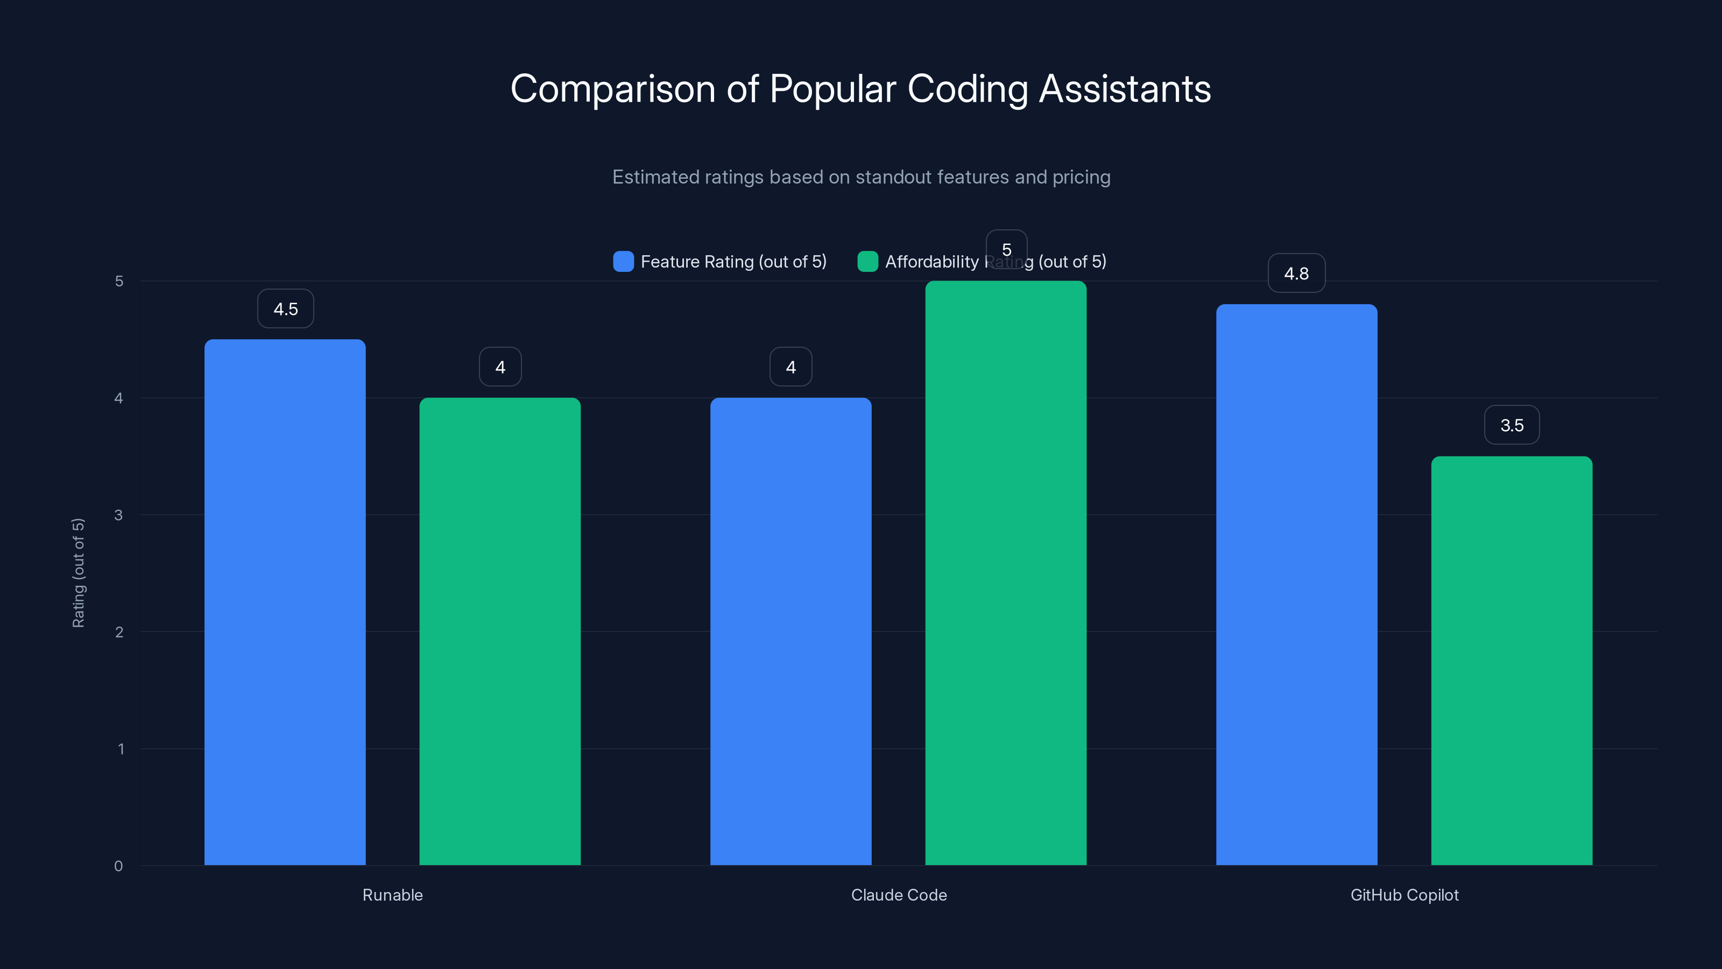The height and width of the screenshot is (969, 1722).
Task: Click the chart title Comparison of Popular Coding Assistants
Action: (860, 89)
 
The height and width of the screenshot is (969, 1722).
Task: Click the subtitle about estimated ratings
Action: (861, 177)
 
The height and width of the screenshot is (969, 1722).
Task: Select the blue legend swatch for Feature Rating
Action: (623, 262)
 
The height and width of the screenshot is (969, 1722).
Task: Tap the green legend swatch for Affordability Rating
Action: (867, 262)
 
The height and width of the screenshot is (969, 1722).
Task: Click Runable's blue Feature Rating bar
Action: (285, 602)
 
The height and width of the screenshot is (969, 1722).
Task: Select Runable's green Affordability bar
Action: (500, 631)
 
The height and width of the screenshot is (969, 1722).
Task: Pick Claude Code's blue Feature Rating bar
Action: (791, 631)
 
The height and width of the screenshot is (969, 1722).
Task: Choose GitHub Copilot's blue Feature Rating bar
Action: (1296, 585)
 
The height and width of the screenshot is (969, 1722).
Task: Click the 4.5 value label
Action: (285, 309)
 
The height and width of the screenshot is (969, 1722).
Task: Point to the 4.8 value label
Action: (1296, 273)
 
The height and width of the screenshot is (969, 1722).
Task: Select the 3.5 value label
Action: (1512, 425)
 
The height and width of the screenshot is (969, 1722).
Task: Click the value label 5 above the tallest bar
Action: (1006, 249)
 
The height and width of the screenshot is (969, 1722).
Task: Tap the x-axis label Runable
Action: (392, 895)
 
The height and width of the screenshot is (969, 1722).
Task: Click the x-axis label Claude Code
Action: (899, 895)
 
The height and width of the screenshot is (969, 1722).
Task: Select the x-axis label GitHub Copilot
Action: (1404, 895)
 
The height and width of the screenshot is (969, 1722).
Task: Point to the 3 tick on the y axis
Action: (119, 515)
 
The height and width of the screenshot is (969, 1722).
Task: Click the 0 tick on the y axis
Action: (119, 866)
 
